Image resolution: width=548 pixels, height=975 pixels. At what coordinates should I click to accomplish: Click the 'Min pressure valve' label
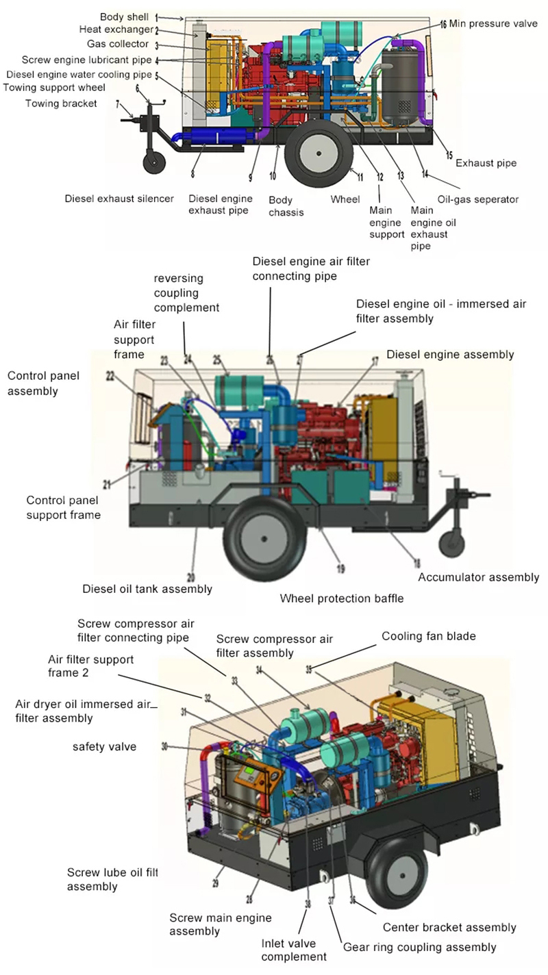tap(494, 24)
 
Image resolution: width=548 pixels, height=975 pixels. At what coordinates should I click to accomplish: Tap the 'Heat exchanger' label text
tap(116, 29)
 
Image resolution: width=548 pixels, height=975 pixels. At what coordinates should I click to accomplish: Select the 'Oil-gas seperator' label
tap(477, 199)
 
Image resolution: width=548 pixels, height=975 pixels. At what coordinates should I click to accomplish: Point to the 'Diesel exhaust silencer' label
tap(119, 199)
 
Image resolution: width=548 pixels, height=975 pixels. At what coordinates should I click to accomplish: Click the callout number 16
tap(443, 24)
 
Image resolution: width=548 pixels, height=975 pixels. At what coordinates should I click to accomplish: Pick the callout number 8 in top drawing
tap(192, 156)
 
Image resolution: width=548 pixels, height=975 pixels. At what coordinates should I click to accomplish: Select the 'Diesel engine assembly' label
tap(450, 354)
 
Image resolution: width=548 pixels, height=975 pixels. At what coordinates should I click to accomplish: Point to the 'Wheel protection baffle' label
tap(341, 598)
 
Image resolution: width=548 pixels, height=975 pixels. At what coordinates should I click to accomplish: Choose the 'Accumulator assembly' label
tap(479, 577)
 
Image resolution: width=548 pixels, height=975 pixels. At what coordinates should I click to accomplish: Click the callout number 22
tap(110, 375)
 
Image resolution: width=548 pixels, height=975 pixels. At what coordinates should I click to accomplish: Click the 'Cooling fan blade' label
tap(428, 636)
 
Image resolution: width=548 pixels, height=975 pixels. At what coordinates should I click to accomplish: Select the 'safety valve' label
tap(104, 746)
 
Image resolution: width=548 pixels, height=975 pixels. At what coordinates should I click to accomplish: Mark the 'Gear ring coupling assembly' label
tap(419, 947)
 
